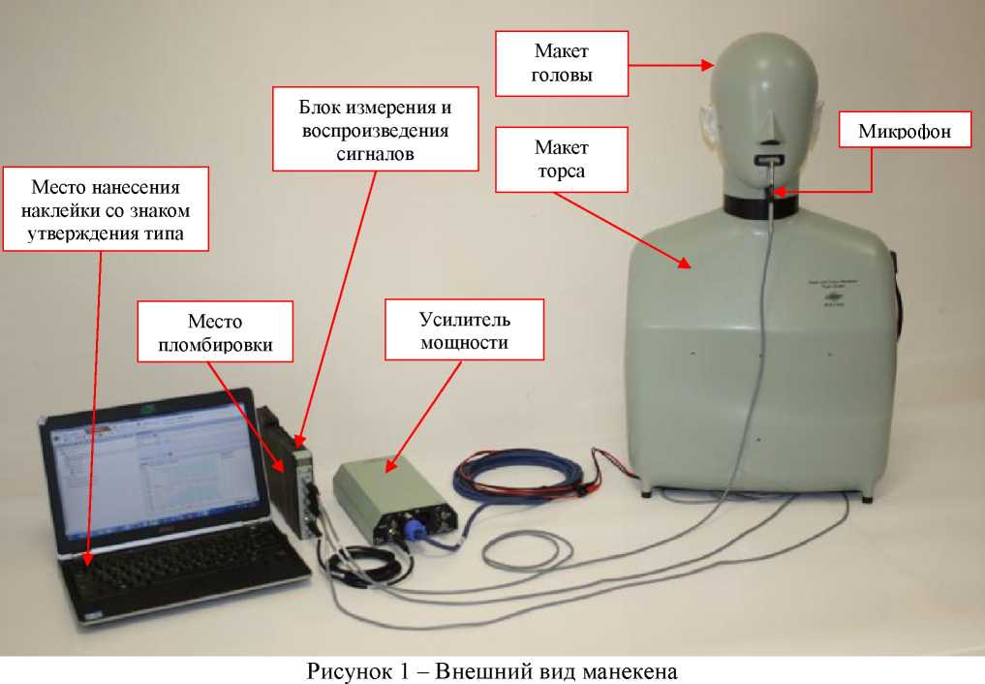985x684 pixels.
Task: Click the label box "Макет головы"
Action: coord(562,63)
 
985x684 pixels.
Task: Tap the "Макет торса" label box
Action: coord(562,160)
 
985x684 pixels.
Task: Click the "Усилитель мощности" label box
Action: coord(465,330)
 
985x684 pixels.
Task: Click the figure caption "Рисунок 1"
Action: coord(364,668)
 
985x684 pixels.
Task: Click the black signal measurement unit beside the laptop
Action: coord(296,484)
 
